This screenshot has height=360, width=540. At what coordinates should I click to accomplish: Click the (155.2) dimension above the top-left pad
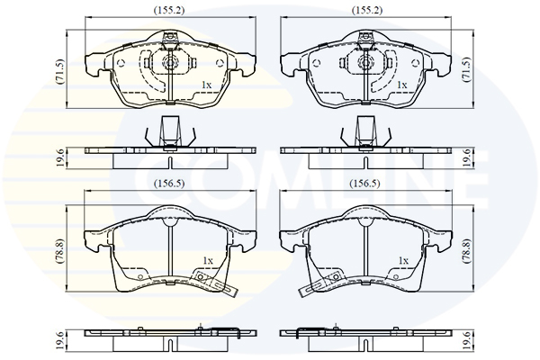(169, 10)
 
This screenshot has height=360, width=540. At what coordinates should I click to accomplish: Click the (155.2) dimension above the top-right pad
(367, 10)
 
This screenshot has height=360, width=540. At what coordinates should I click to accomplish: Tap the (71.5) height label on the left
(59, 72)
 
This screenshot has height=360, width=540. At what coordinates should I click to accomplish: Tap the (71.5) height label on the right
(467, 69)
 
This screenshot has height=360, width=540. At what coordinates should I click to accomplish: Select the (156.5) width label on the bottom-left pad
(169, 184)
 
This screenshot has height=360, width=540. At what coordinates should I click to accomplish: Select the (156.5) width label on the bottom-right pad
(364, 184)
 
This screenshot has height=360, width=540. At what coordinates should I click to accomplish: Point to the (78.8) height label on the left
(59, 250)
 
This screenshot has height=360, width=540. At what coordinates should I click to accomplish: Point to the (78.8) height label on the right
(467, 251)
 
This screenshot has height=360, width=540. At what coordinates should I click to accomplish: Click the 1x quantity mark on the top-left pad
(206, 85)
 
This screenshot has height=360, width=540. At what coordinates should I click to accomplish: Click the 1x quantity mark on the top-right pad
(402, 85)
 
